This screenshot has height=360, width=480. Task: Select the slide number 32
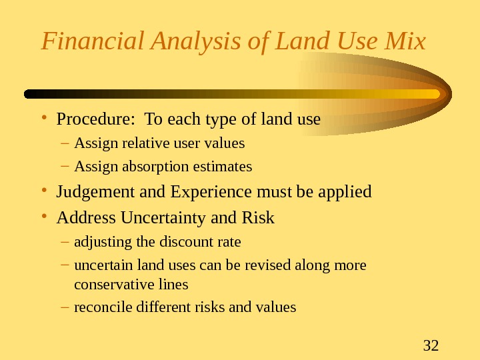click(x=431, y=345)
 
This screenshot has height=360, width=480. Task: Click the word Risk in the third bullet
click(x=259, y=218)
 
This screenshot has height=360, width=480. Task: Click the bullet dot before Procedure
click(x=44, y=120)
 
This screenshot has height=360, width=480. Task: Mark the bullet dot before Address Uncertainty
click(x=44, y=218)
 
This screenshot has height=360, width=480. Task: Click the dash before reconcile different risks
click(x=64, y=307)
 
